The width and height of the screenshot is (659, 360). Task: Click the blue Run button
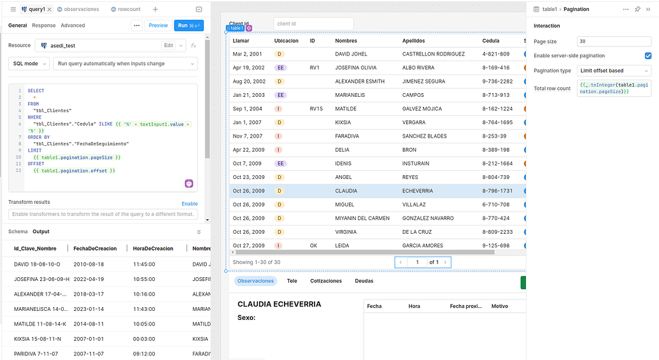click(x=188, y=25)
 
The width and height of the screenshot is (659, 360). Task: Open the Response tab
click(x=44, y=25)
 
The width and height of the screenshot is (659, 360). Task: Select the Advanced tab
click(x=73, y=25)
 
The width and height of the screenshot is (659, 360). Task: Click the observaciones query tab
click(x=81, y=10)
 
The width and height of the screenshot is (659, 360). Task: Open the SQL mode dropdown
click(x=29, y=64)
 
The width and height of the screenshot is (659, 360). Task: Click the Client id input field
click(x=313, y=24)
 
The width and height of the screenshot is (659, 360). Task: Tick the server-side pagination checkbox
click(x=648, y=56)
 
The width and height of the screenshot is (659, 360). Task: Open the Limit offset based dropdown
click(x=614, y=71)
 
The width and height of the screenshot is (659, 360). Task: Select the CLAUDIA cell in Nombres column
click(x=346, y=191)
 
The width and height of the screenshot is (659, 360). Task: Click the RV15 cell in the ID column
click(x=316, y=109)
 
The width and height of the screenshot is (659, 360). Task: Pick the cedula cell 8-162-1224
click(x=497, y=109)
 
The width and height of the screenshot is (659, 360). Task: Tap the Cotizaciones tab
click(x=326, y=281)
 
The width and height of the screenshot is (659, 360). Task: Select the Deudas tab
click(x=364, y=281)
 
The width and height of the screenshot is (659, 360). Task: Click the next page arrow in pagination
click(x=445, y=262)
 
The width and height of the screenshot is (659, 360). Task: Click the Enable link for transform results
click(x=189, y=204)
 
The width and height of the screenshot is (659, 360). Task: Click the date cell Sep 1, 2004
click(x=248, y=109)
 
